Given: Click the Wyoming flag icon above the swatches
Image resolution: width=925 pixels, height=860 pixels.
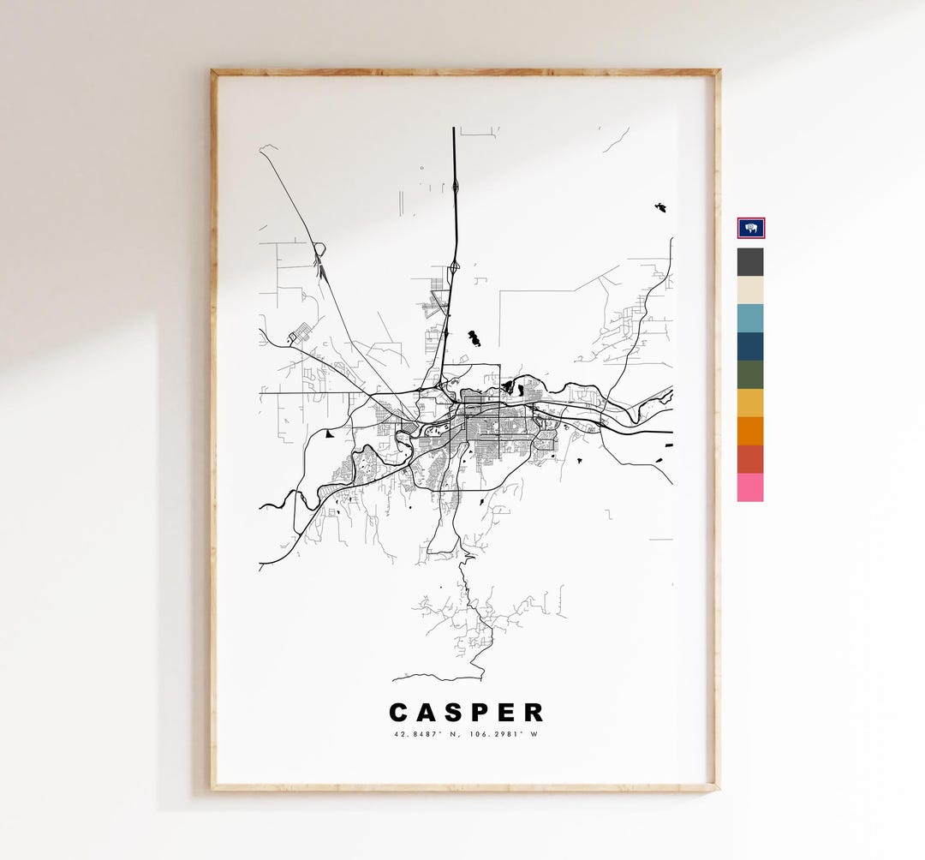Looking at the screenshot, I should tap(751, 228).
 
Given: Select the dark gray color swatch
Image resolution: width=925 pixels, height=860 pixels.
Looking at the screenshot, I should tap(750, 261).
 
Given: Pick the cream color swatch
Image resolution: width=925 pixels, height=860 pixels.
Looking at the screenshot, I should tap(750, 290).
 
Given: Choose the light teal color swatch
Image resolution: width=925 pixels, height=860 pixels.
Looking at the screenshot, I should tap(750, 318).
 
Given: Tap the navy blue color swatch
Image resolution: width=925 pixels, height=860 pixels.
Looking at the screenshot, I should tap(750, 346).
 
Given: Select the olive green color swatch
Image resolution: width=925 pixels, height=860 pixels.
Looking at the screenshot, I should tap(750, 374).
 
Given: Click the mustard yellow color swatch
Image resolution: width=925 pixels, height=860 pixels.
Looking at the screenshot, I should tap(750, 403).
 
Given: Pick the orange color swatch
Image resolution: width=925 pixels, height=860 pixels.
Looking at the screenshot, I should tap(750, 431).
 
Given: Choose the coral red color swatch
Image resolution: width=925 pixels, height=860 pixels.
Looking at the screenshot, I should tap(750, 459).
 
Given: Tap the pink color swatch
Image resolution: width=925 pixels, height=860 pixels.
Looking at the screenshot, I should tap(750, 487).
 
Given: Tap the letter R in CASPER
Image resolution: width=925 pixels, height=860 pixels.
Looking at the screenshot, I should tap(534, 713).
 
